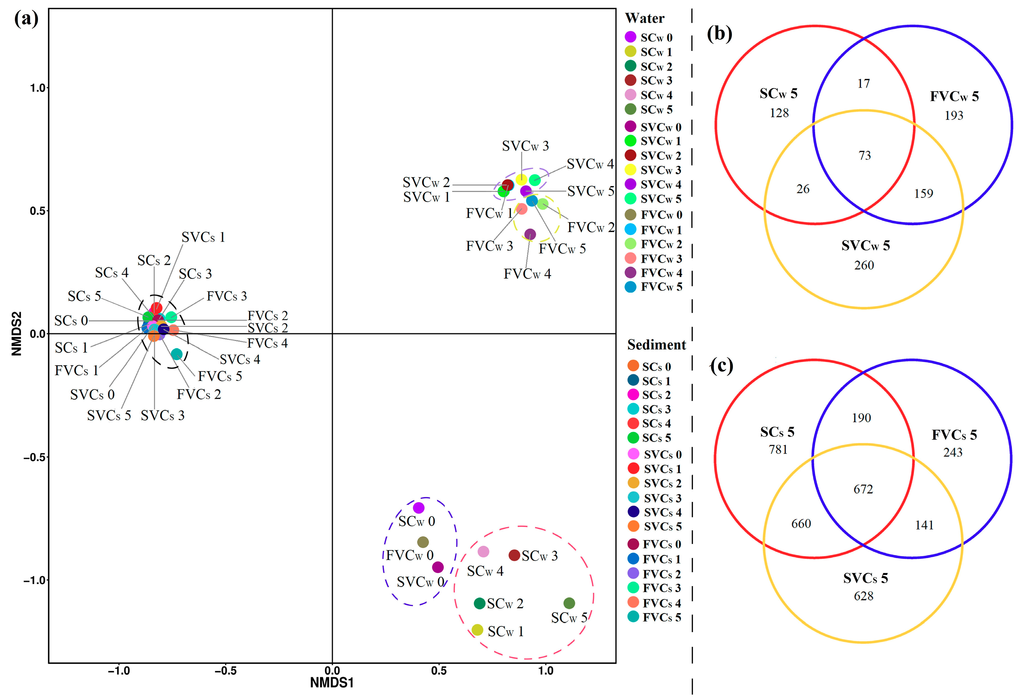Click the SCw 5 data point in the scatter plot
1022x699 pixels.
pyautogui.click(x=569, y=603)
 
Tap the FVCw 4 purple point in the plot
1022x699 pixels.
pyautogui.click(x=530, y=234)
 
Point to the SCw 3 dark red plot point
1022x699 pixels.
pyautogui.click(x=514, y=555)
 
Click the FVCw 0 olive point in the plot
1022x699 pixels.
pyautogui.click(x=423, y=542)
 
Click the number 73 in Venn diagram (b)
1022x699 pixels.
pyautogui.click(x=865, y=155)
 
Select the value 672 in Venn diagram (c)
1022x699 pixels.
pyautogui.click(x=863, y=489)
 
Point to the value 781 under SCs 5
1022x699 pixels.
pyautogui.click(x=778, y=449)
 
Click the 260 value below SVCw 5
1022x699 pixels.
pyautogui.click(x=864, y=265)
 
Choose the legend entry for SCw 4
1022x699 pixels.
pyautogui.click(x=656, y=95)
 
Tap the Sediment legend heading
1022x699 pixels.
pyautogui.click(x=656, y=345)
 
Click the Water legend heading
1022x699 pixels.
pyautogui.click(x=644, y=18)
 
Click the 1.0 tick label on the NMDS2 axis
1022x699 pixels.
pyautogui.click(x=38, y=88)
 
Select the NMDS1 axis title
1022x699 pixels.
pyautogui.click(x=332, y=683)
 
